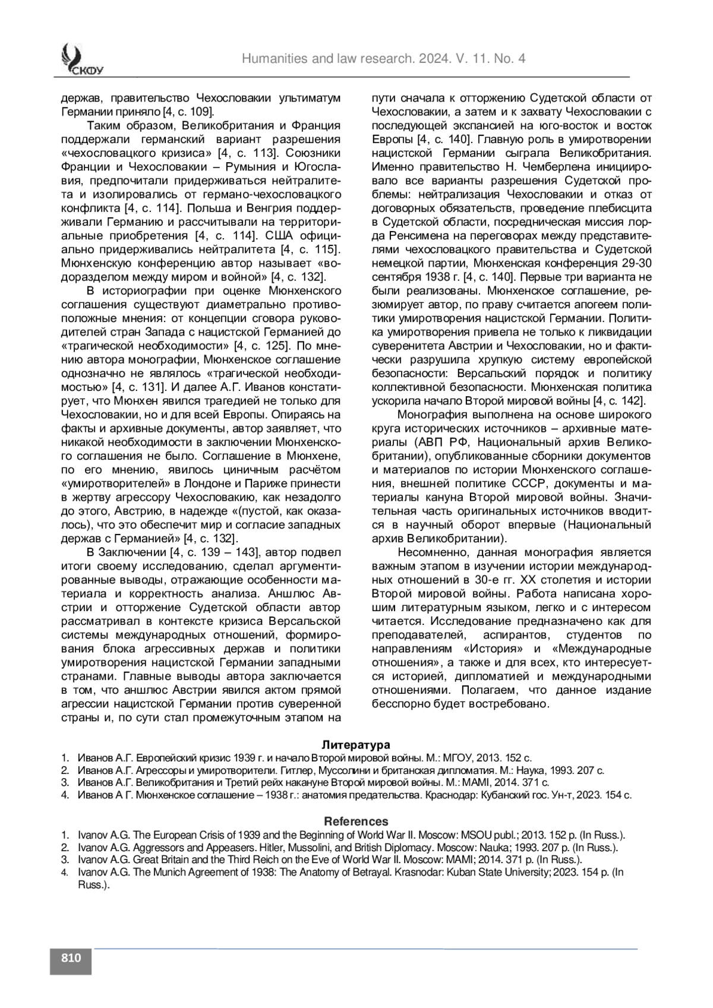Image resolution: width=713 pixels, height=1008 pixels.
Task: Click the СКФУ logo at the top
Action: pos(81,62)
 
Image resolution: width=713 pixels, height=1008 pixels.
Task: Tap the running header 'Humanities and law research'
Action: pos(383,59)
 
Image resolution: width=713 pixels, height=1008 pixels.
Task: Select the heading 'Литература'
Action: pos(356,745)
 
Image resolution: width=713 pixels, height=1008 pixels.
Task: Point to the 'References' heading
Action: pos(356,821)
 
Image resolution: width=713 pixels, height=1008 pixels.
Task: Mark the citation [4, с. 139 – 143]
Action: pos(212,553)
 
